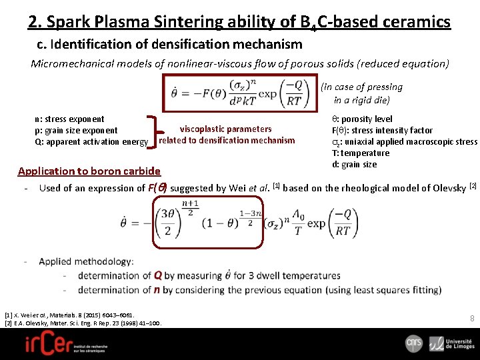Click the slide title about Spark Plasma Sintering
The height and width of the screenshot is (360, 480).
pyautogui.click(x=239, y=23)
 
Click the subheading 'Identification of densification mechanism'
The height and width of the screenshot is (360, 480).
pyautogui.click(x=169, y=45)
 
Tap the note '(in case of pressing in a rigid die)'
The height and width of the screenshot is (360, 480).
pyautogui.click(x=361, y=93)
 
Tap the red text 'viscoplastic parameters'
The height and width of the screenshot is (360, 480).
pyautogui.click(x=225, y=129)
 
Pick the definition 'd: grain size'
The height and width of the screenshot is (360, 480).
pyautogui.click(x=354, y=164)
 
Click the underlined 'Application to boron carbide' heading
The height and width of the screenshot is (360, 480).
pyautogui.click(x=89, y=171)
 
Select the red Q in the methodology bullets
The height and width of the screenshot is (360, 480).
pyautogui.click(x=158, y=275)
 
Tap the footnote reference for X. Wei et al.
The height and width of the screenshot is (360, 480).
pyautogui.click(x=69, y=314)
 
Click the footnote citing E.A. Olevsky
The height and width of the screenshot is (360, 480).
pyautogui.click(x=83, y=323)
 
